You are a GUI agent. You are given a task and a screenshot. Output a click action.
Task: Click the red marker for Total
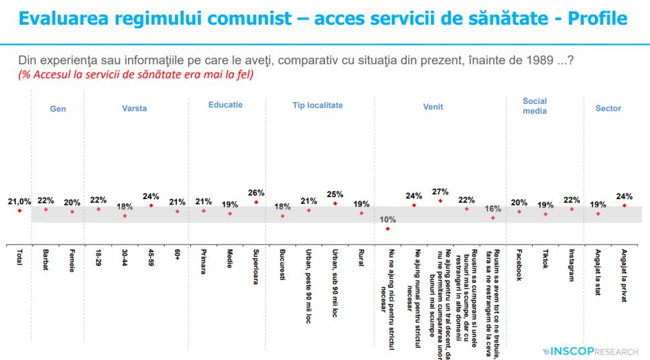(x=19, y=211)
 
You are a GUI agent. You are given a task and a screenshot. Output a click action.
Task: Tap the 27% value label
(x=440, y=191)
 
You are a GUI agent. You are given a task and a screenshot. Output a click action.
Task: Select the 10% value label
(x=387, y=219)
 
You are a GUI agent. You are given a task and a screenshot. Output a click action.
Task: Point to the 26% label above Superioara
(x=256, y=192)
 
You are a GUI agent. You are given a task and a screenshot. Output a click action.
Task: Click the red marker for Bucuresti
(x=283, y=216)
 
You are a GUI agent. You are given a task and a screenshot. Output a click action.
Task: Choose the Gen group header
(x=58, y=108)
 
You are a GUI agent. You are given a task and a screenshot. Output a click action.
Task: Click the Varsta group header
(x=134, y=108)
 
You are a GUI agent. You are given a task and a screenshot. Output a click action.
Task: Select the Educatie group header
(x=225, y=105)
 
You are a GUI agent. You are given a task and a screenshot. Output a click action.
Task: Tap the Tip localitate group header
(x=317, y=105)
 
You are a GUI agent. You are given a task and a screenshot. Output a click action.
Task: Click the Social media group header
(x=535, y=106)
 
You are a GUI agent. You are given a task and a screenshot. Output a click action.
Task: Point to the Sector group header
(x=608, y=108)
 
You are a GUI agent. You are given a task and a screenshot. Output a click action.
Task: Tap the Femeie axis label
(x=72, y=261)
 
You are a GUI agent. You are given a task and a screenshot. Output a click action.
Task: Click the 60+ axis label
(x=178, y=256)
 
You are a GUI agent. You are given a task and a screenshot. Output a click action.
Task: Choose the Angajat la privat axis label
(x=624, y=275)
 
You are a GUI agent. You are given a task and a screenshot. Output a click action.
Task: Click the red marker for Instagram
(x=572, y=209)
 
